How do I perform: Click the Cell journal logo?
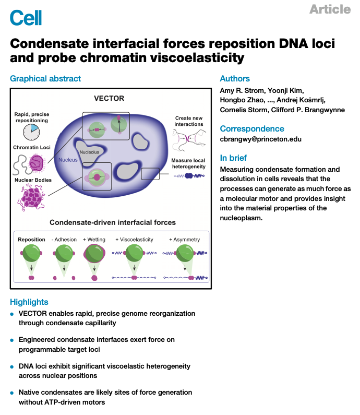tap(26, 18)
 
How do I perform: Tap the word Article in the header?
tap(330, 9)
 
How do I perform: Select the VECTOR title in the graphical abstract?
tap(109, 99)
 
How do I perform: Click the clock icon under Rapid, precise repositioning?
tap(31, 132)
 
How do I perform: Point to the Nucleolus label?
tap(89, 152)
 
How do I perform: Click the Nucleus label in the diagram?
tap(68, 160)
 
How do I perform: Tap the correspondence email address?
tap(260, 139)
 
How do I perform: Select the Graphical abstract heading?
tap(45, 79)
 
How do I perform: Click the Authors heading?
tap(235, 79)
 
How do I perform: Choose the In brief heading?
tap(233, 158)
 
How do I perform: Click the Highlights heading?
tap(29, 302)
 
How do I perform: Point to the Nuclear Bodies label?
tap(33, 180)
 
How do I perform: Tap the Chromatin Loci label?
tap(32, 147)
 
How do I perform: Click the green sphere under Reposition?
tap(31, 253)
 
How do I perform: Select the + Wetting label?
tap(94, 240)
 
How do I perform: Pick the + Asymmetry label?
tap(184, 240)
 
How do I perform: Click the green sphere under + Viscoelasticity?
tap(135, 253)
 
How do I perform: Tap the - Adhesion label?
tap(64, 240)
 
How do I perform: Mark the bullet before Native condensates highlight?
tap(11, 393)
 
